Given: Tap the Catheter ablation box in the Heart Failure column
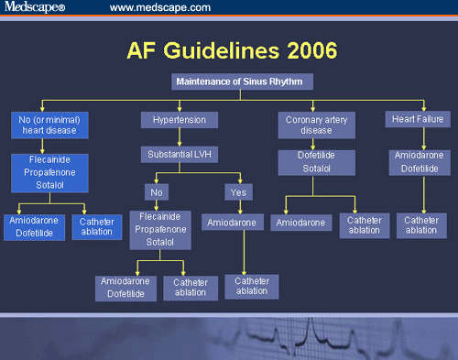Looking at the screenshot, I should click(420, 225).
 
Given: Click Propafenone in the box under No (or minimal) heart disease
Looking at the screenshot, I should click(47, 170).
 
